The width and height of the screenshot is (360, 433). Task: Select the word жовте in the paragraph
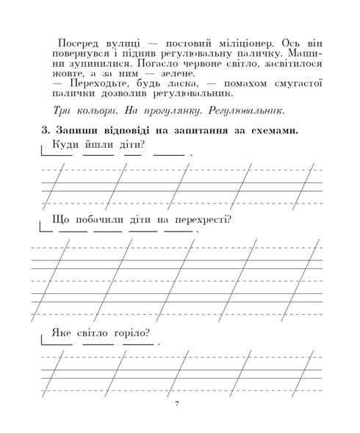tap(69, 74)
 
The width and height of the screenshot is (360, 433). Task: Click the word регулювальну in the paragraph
tap(198, 54)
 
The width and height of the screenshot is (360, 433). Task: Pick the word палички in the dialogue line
tap(73, 93)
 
